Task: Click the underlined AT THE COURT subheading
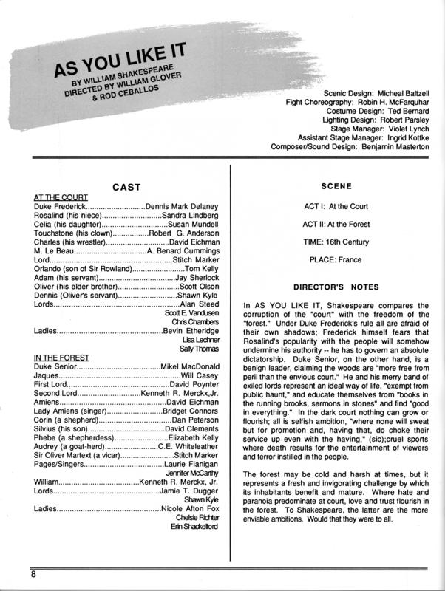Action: [61, 197]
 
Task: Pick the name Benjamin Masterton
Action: [392, 148]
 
